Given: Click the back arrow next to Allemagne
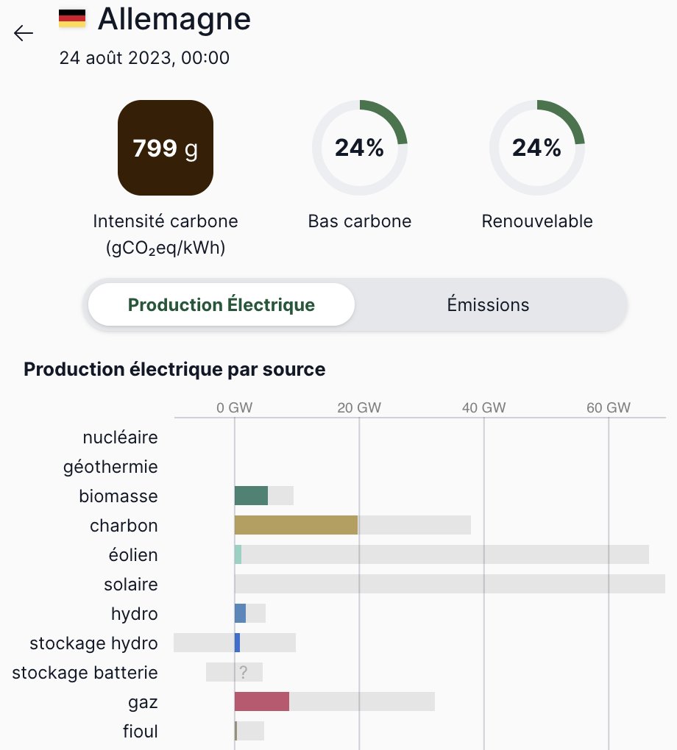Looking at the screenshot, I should (24, 33).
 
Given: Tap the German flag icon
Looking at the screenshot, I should (72, 18).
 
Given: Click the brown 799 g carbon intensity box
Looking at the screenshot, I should (166, 148).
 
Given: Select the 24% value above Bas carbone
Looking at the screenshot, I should (359, 148).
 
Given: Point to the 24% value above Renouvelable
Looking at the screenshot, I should (536, 148).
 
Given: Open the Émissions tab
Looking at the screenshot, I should (488, 304).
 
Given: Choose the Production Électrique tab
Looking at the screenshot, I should (221, 304).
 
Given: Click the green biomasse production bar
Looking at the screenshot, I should (251, 496).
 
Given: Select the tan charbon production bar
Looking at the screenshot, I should (296, 525).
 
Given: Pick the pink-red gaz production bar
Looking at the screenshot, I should (261, 701).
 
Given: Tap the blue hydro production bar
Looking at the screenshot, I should (240, 613).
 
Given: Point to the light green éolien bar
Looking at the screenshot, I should (238, 554).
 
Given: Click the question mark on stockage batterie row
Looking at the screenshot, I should (243, 672).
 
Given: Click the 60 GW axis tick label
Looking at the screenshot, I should (609, 408).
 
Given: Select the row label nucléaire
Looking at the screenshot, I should (120, 438).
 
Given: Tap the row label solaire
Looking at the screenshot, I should (131, 585).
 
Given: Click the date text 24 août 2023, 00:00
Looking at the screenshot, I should (144, 57).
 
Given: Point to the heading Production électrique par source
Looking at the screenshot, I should (174, 369).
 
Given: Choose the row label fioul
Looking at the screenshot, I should (140, 732).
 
